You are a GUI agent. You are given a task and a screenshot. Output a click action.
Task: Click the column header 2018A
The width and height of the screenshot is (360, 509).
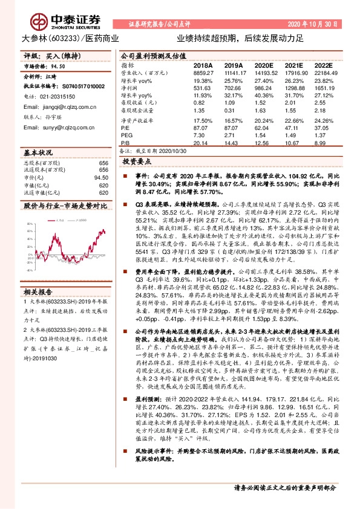pyautogui.click(x=202, y=65)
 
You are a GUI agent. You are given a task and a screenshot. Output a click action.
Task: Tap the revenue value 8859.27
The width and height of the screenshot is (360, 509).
pyautogui.click(x=203, y=73)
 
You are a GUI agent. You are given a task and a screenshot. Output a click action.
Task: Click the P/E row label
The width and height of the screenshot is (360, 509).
pyautogui.click(x=125, y=129)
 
